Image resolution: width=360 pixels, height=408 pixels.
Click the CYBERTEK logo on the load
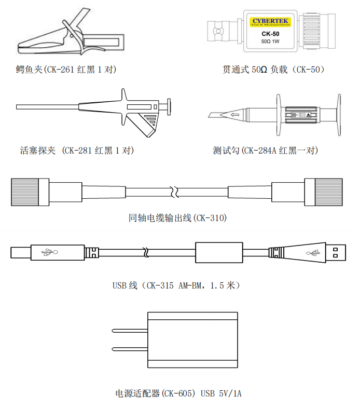(x=270, y=21)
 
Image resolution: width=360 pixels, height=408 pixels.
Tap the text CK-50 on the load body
(x=270, y=34)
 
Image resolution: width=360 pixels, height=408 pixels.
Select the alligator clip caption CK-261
(x=66, y=69)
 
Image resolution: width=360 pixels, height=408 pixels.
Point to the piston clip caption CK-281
(x=76, y=151)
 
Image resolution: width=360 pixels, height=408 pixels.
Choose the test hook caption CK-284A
(x=265, y=151)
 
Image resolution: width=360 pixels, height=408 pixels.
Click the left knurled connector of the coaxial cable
(x=24, y=191)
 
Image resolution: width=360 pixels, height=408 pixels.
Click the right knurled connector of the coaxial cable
(x=323, y=191)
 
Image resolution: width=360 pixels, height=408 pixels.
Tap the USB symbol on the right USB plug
(x=313, y=253)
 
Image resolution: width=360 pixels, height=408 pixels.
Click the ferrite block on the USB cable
(x=218, y=253)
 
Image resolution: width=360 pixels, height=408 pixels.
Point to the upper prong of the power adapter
(x=131, y=330)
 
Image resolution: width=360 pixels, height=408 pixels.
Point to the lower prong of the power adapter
(x=131, y=349)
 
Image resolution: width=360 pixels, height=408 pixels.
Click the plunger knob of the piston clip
(x=168, y=107)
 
